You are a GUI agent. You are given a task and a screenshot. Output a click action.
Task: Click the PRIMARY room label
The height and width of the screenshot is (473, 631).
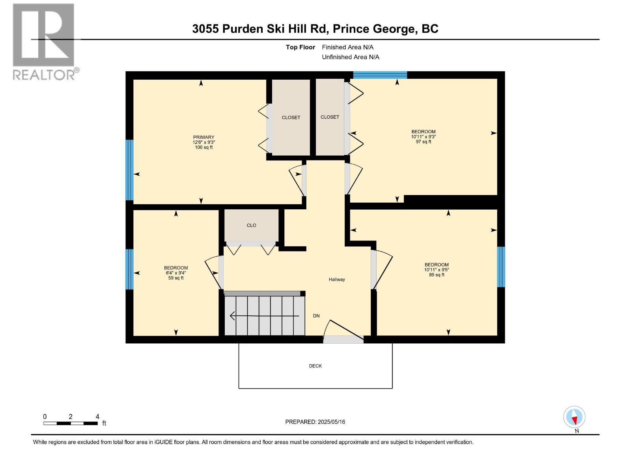[x=203, y=137]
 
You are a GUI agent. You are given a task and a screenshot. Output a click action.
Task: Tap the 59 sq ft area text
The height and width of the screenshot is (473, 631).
[x=176, y=278]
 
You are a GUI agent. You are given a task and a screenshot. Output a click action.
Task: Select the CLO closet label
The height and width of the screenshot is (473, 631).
[x=251, y=225]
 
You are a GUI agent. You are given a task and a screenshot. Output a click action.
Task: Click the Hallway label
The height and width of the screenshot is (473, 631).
[x=337, y=279]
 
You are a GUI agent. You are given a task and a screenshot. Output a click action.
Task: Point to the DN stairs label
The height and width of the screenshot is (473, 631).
[x=316, y=316]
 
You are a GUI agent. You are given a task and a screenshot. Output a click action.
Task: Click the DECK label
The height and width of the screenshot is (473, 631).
[x=315, y=366]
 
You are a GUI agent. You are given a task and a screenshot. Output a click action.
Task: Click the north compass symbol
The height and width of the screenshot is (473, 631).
[x=574, y=417]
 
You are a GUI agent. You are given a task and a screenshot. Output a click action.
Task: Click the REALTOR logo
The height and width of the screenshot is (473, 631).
[x=44, y=41]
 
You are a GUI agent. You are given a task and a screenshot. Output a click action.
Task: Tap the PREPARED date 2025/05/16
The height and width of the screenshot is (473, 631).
[x=315, y=422]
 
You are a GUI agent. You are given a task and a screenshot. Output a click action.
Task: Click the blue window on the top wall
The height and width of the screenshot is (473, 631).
[x=380, y=75]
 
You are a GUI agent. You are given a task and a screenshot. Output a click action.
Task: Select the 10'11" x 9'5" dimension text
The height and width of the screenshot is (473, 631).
[x=437, y=270]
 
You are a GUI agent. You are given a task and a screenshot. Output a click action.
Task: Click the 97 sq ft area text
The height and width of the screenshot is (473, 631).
[x=423, y=142]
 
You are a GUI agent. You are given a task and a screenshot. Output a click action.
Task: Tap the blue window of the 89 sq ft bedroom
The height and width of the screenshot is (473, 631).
[x=500, y=267]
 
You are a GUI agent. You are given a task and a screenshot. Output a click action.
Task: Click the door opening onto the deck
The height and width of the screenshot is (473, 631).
[x=343, y=339]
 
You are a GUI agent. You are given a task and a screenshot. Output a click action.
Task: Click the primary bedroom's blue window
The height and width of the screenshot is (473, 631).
[x=129, y=170]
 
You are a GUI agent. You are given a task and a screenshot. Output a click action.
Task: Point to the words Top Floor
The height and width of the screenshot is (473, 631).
[x=300, y=47]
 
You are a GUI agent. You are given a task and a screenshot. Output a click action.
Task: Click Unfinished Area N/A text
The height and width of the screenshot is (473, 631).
[x=350, y=57]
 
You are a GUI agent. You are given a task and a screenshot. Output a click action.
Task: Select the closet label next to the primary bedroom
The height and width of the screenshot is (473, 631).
[x=291, y=117]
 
